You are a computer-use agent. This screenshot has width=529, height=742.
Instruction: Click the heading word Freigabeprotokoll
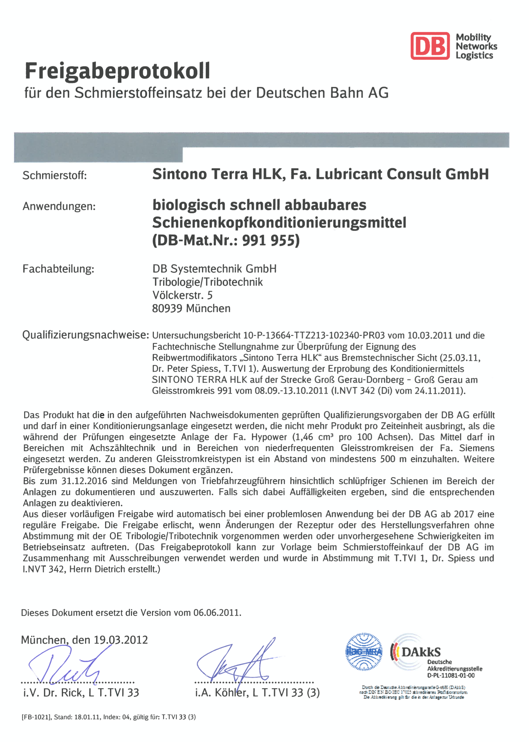[x=118, y=71]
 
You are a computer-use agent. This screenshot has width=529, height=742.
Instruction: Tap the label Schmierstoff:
[x=54, y=175]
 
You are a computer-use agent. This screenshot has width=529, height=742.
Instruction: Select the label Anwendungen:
[x=59, y=206]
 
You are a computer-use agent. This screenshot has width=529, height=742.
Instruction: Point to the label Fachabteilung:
[x=58, y=269]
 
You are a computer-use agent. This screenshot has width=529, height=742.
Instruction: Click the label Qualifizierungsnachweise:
[x=85, y=335]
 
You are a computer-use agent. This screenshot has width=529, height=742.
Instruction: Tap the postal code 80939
[x=167, y=308]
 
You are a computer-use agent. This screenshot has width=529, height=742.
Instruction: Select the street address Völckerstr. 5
[x=182, y=295]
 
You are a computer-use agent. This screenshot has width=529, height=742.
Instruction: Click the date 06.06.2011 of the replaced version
[x=217, y=613]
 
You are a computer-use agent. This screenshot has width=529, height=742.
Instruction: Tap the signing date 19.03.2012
[x=121, y=640]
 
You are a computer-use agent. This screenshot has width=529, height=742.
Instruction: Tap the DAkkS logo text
[x=421, y=652]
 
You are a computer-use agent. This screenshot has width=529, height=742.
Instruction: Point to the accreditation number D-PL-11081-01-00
[x=451, y=675]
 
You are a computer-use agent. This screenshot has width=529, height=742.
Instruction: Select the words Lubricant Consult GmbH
[x=402, y=174]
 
